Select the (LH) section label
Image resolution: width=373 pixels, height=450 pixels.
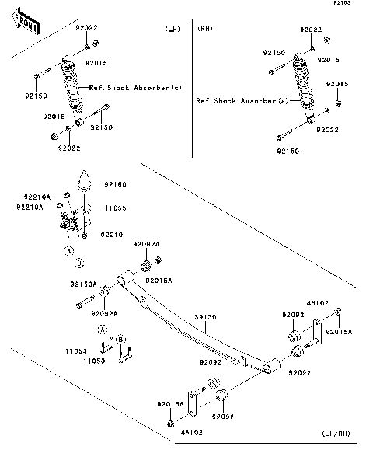172,30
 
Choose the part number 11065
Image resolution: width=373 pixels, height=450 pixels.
116,208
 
